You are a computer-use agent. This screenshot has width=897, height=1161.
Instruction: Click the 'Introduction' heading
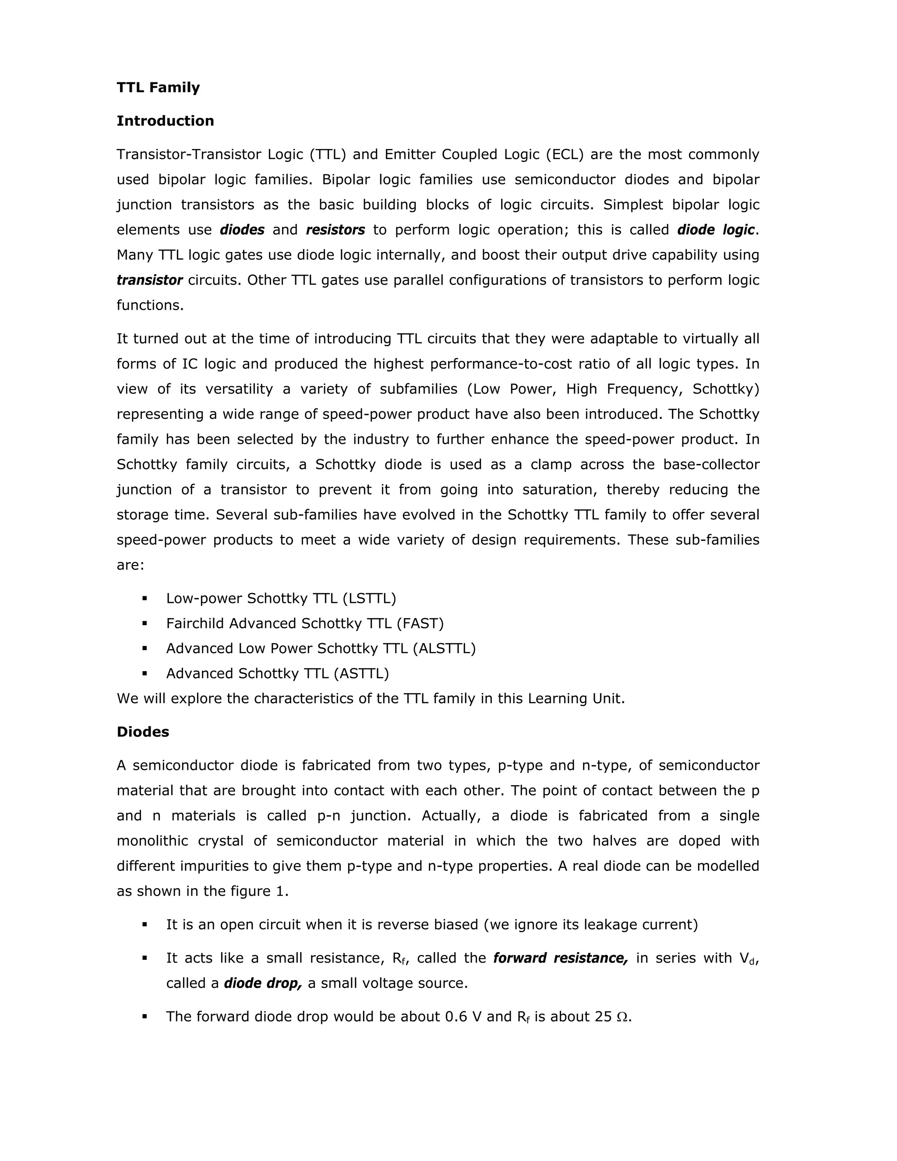point(165,120)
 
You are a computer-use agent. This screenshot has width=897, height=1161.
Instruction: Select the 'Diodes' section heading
point(142,732)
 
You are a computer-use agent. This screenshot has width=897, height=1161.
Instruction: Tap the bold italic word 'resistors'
point(335,230)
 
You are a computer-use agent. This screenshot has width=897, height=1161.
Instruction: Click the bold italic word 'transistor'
point(149,280)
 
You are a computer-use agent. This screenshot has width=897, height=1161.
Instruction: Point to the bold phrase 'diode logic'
point(715,230)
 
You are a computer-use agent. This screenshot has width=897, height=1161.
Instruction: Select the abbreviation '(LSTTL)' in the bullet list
point(369,598)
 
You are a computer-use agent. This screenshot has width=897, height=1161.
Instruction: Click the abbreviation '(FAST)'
point(420,623)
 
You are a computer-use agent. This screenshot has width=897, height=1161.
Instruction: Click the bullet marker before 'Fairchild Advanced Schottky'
point(145,623)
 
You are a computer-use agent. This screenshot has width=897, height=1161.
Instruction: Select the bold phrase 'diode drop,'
point(262,983)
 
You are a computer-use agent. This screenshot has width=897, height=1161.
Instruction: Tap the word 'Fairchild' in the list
point(195,623)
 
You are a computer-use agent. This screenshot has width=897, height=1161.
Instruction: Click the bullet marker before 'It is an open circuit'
point(145,924)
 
